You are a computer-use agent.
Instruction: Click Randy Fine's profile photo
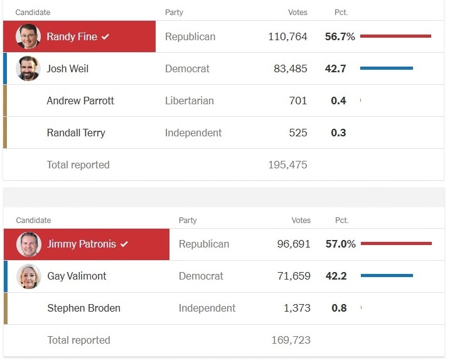[28, 36]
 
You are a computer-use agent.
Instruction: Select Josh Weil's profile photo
[28, 68]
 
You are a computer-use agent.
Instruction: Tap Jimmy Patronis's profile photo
[29, 244]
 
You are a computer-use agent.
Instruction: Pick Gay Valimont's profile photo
[29, 276]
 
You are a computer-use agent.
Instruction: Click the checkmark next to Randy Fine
[105, 37]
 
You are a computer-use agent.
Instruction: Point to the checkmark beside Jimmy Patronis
[124, 244]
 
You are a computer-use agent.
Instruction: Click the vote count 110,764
[287, 37]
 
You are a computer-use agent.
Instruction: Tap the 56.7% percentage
[340, 37]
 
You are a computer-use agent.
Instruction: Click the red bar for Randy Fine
[395, 36]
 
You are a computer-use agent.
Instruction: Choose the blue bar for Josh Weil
[387, 68]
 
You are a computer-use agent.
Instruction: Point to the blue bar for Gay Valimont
[387, 275]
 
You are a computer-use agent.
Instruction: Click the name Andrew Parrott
[80, 101]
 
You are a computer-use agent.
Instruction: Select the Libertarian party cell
[190, 101]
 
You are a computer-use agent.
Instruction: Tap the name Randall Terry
[76, 133]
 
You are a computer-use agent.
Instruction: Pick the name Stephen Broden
[84, 308]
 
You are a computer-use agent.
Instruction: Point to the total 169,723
[291, 340]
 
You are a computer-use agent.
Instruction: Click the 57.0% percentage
[340, 244]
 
